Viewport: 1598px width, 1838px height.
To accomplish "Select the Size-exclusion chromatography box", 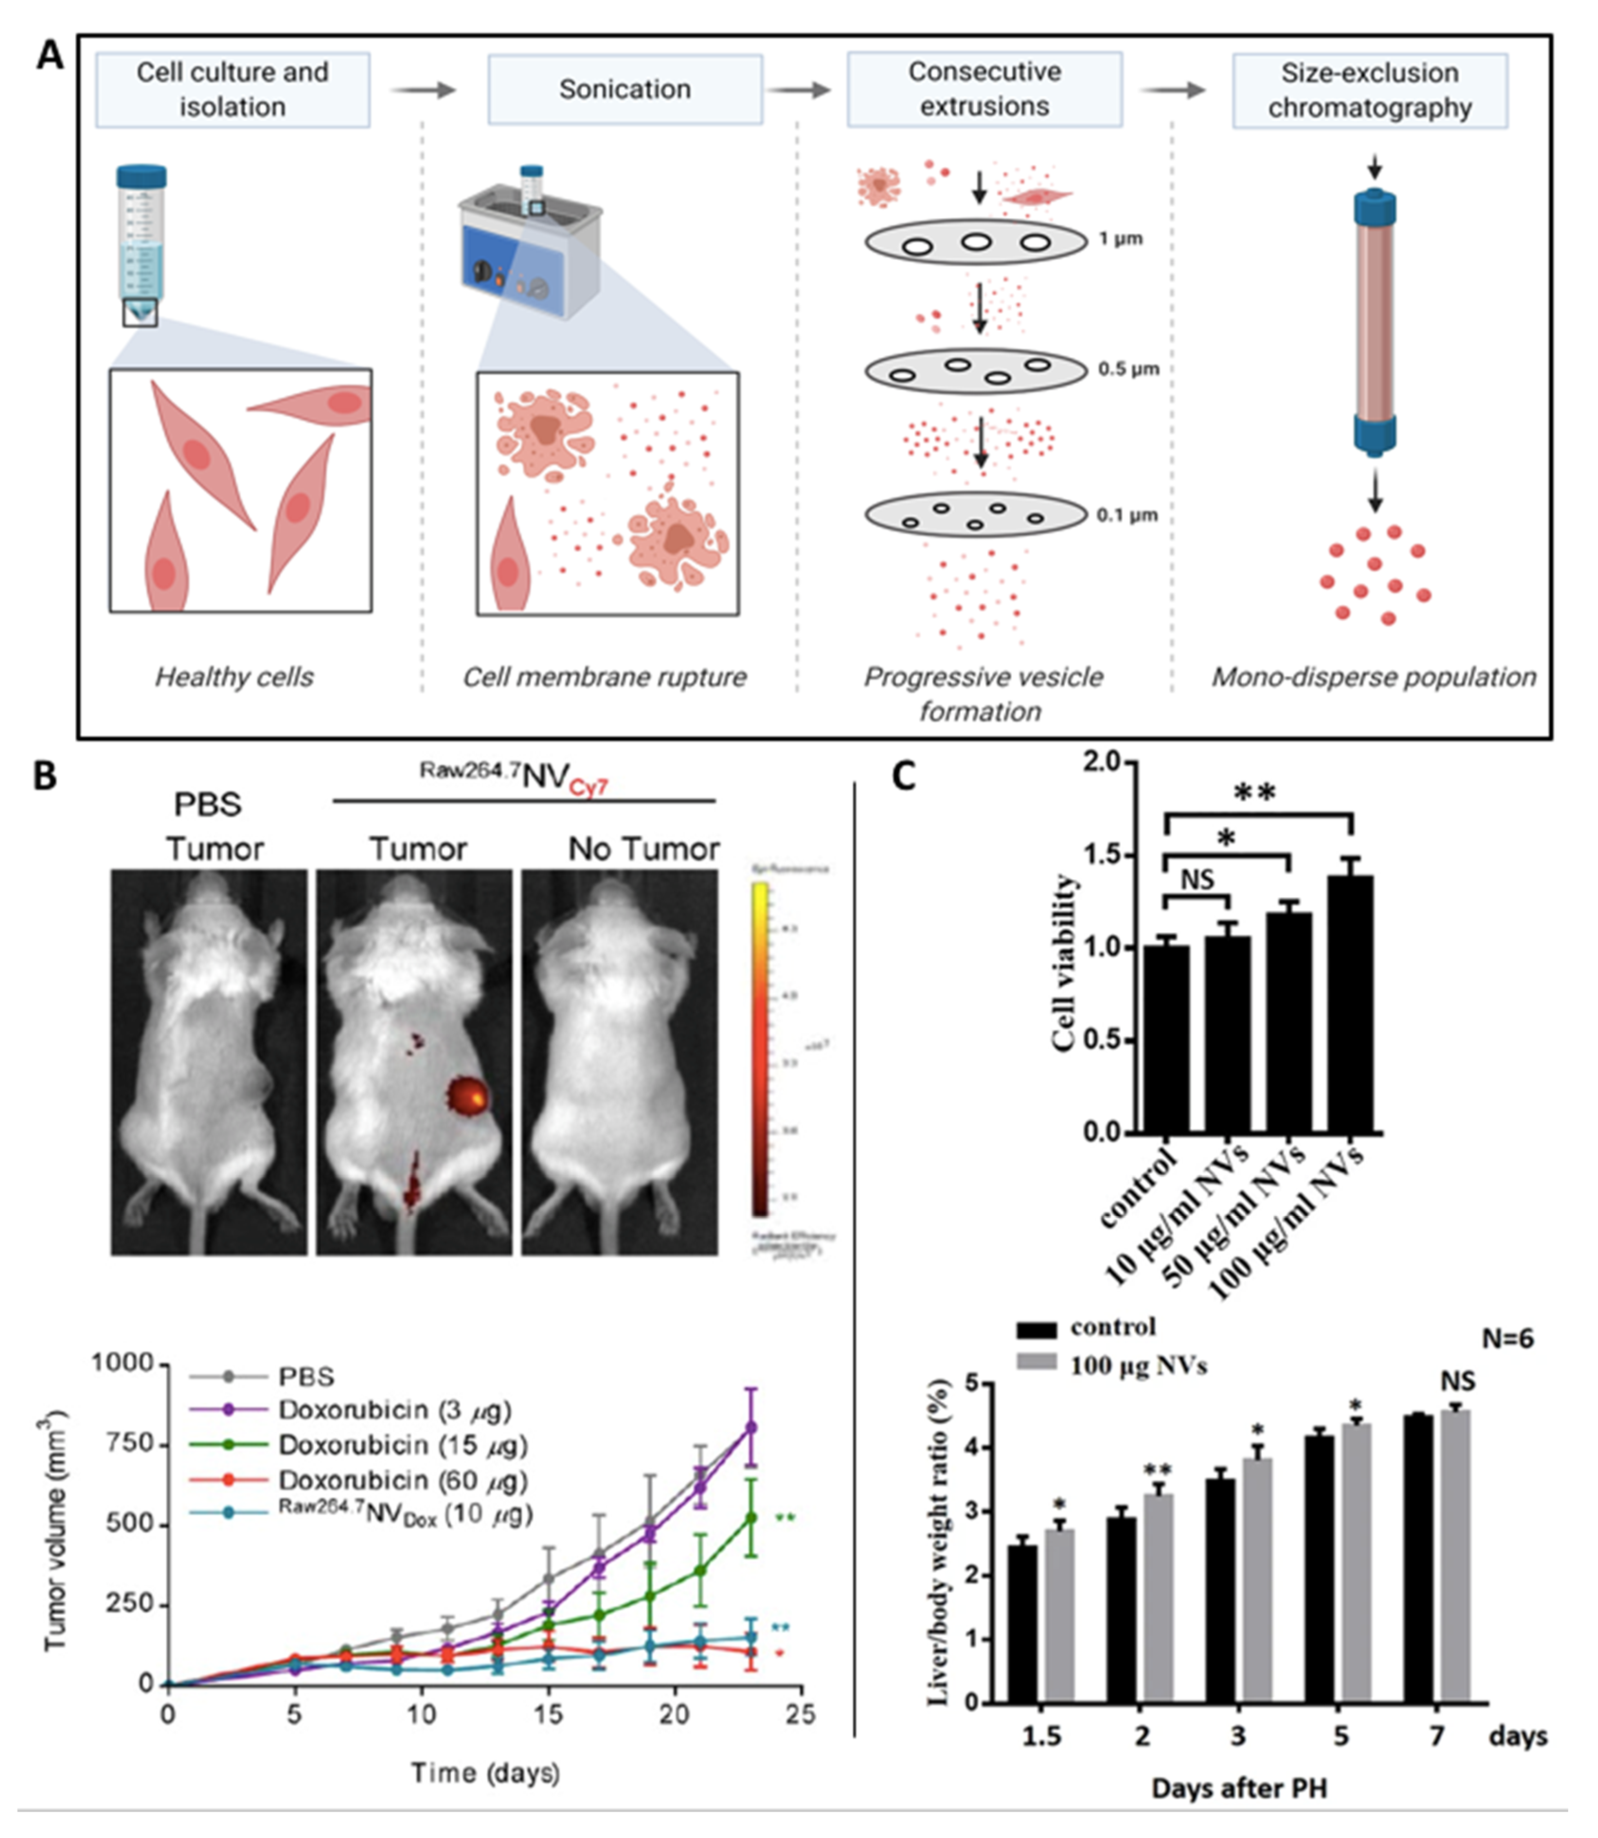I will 1370,90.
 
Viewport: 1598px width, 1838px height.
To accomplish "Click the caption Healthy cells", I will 234,678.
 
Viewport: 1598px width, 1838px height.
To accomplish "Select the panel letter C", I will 903,777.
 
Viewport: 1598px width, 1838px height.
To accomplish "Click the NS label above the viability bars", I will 1197,880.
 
